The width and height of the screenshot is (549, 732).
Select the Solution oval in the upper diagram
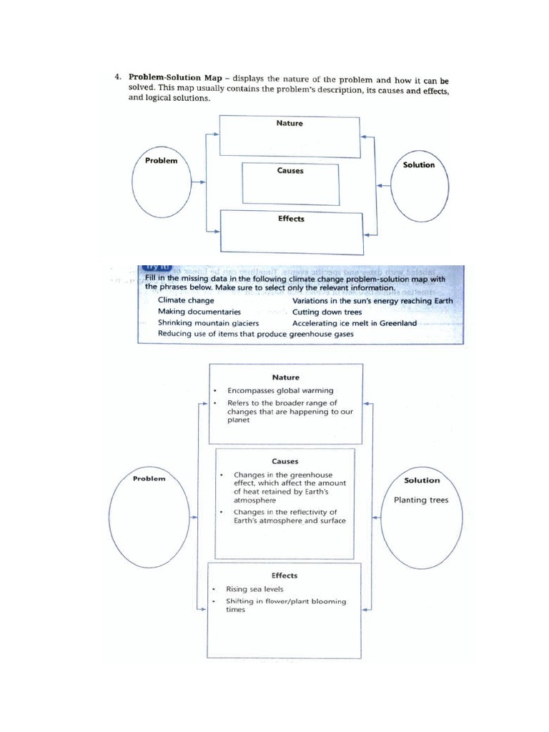tap(418, 186)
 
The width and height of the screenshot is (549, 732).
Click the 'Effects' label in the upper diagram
tap(291, 219)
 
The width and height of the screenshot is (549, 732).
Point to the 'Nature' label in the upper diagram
tap(290, 123)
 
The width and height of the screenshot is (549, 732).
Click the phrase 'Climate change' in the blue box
tap(186, 301)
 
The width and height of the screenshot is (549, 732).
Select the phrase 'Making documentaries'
tap(199, 312)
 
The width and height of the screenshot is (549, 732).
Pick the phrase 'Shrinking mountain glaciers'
tap(208, 322)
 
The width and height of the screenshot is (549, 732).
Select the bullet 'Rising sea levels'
tap(255, 589)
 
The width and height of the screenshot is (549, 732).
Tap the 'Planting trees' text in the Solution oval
tap(421, 500)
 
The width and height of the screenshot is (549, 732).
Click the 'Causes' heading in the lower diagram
tap(285, 461)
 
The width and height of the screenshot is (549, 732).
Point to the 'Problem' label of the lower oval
tap(149, 478)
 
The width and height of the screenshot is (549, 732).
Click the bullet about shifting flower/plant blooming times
tap(285, 605)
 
